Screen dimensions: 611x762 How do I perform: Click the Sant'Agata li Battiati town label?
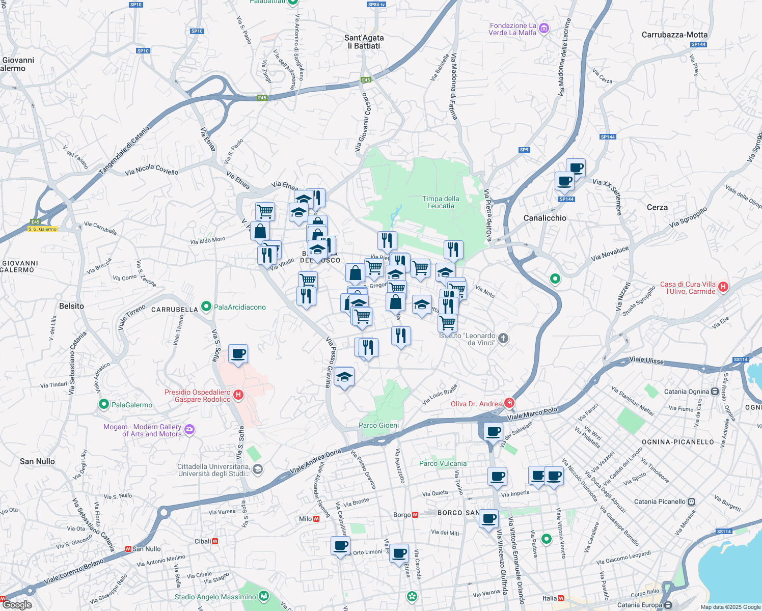(x=364, y=42)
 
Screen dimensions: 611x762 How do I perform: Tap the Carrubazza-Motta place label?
(x=674, y=35)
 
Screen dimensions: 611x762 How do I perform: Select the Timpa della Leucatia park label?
(x=441, y=202)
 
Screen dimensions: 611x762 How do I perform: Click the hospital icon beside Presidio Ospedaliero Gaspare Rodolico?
(x=238, y=395)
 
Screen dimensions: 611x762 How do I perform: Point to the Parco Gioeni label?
(x=378, y=425)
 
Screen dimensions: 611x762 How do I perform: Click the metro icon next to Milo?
(x=316, y=519)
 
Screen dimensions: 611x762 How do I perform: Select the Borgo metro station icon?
(x=415, y=515)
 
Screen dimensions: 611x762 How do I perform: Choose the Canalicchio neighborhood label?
(x=545, y=218)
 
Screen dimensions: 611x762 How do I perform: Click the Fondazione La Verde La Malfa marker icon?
(x=543, y=28)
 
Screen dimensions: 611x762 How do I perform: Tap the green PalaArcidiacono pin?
(x=206, y=306)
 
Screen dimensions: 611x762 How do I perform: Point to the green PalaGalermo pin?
(x=104, y=404)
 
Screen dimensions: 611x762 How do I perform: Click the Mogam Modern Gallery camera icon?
(x=189, y=430)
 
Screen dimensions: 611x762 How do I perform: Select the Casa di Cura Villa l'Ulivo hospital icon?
(x=722, y=287)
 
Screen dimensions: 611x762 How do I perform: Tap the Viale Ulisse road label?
(x=646, y=360)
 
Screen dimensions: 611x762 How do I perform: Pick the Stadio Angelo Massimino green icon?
(x=263, y=595)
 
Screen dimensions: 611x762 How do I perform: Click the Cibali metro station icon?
(x=215, y=541)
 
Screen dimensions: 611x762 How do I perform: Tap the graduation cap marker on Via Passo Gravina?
(x=344, y=377)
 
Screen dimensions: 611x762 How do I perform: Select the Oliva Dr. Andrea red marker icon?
(x=509, y=403)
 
